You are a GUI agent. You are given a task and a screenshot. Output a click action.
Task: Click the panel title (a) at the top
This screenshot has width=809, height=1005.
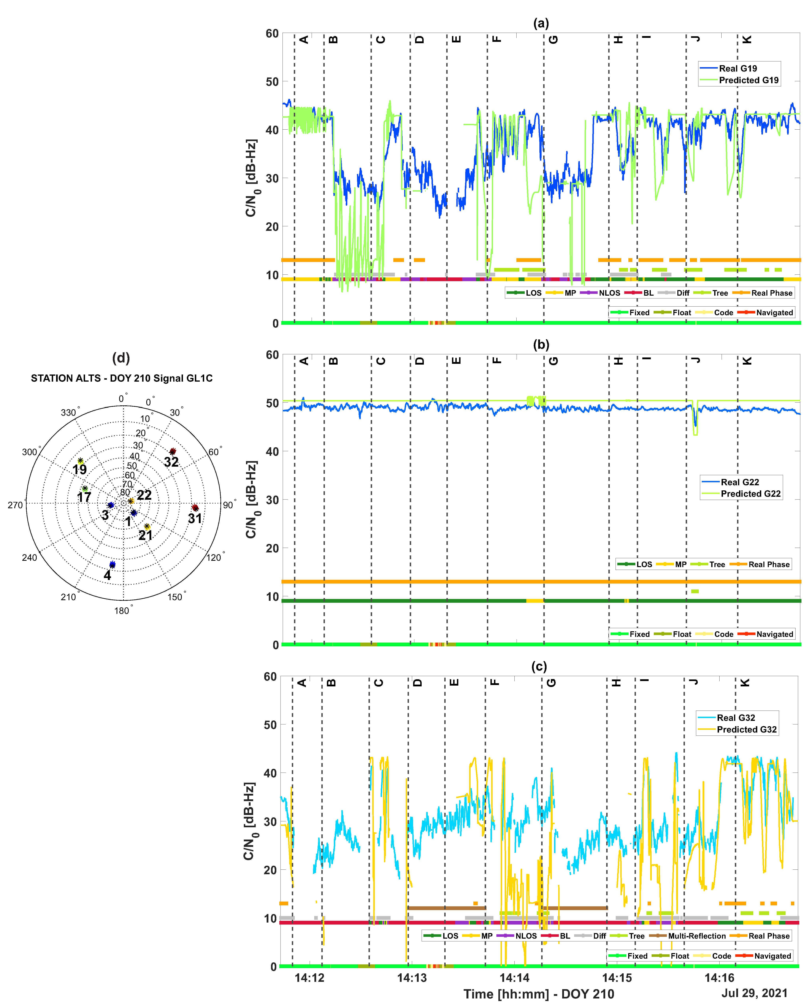(x=541, y=23)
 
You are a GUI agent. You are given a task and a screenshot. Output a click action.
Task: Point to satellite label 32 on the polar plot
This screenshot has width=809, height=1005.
(x=171, y=462)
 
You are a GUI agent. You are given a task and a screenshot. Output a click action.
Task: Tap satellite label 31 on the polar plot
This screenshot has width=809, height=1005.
(x=195, y=518)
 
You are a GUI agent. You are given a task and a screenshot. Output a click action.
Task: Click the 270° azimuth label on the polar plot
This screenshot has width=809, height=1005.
(x=15, y=505)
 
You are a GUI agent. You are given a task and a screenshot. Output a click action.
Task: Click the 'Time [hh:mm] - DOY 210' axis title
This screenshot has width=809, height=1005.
(x=539, y=994)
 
